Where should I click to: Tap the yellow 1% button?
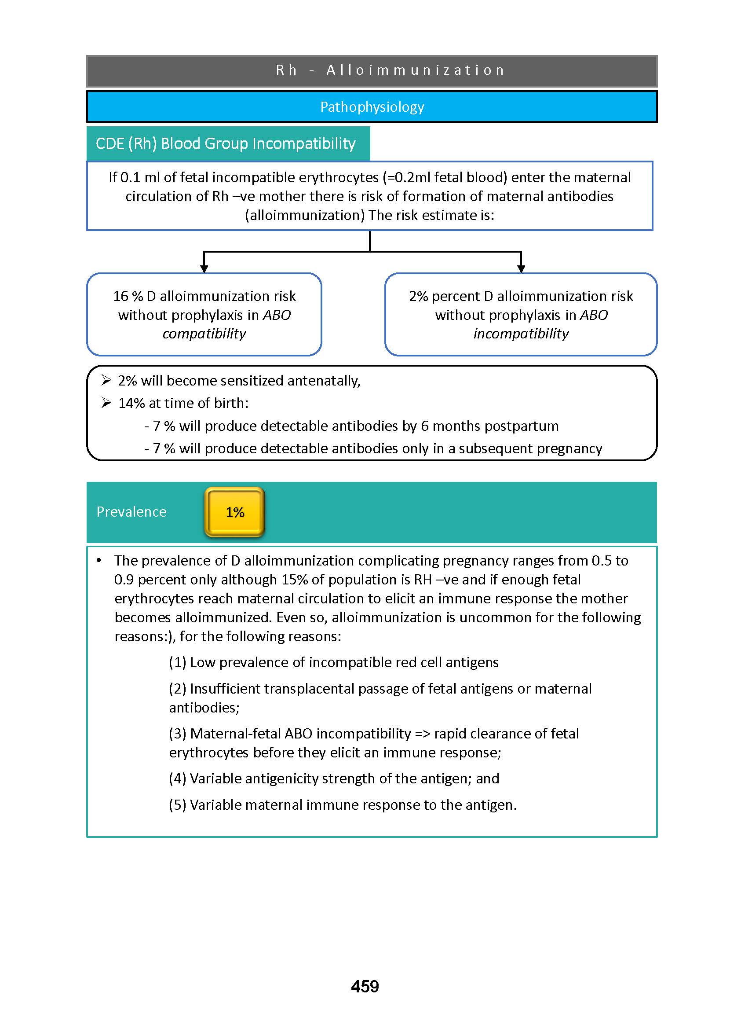(x=235, y=512)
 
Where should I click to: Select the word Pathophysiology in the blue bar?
(x=372, y=107)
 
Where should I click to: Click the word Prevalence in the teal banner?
(x=131, y=512)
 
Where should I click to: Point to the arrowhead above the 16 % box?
(x=204, y=268)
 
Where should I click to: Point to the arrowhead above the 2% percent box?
(x=521, y=268)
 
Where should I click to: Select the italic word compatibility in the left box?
(x=204, y=334)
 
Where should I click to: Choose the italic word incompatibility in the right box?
(x=521, y=334)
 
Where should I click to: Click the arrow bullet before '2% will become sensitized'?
(x=106, y=381)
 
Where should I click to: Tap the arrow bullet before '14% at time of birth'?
(x=106, y=403)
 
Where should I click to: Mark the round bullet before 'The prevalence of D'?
(x=99, y=560)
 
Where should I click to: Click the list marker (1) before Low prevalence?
(x=178, y=662)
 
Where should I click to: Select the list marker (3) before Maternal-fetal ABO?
(x=178, y=733)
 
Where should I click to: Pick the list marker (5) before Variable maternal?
(x=178, y=804)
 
